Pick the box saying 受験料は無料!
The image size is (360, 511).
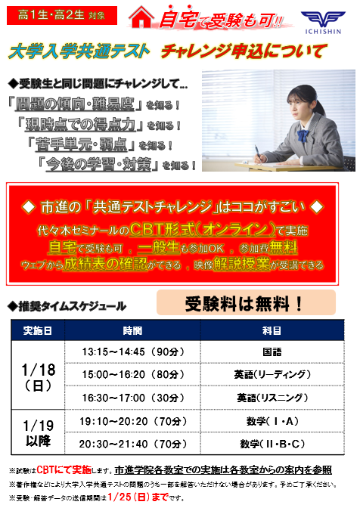(244, 304)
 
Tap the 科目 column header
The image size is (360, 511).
(272, 331)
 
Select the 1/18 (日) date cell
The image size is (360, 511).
(38, 375)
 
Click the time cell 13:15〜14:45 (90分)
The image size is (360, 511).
(132, 352)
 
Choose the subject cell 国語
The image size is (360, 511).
(272, 352)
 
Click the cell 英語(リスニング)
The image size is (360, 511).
(272, 398)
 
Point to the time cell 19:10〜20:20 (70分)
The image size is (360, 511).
(132, 420)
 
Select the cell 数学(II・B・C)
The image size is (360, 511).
(272, 443)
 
